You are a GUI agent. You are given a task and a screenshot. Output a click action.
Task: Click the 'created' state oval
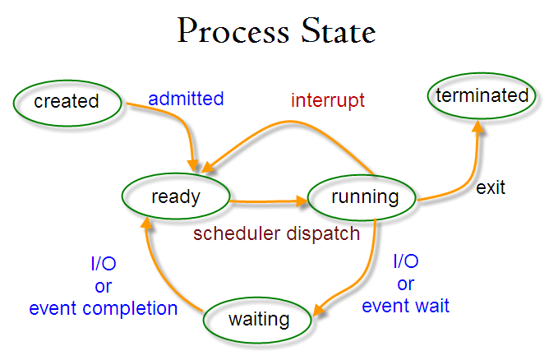tap(66, 102)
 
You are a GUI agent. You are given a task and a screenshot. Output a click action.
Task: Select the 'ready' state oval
tap(175, 196)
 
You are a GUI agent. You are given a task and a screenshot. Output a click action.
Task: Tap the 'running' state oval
tap(364, 197)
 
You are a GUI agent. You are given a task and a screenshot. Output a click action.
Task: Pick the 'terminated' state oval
tap(482, 95)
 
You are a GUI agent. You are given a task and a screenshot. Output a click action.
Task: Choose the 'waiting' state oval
tap(259, 319)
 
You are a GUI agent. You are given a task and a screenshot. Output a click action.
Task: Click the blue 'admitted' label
tap(186, 99)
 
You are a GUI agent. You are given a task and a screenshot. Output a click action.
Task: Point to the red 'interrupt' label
tap(328, 101)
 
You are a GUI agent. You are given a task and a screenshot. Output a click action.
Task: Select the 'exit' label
tap(491, 187)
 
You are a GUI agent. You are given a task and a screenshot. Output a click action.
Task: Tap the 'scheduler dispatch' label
tap(276, 233)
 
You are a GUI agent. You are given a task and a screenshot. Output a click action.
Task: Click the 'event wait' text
tap(406, 307)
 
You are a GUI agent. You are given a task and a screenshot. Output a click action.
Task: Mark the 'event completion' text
tap(104, 309)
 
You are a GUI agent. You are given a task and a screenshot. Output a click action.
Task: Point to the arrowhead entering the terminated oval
tap(477, 126)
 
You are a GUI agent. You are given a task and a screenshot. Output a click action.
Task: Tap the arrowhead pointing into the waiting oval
tap(321, 311)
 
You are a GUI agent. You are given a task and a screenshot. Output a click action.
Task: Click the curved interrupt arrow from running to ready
tap(288, 123)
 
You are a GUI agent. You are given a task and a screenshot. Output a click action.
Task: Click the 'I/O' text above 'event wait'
tap(406, 262)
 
